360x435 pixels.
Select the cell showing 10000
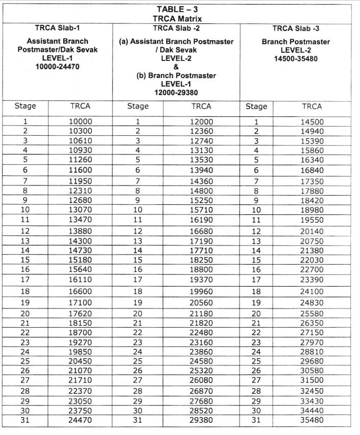click(x=80, y=122)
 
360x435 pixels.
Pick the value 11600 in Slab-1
click(x=80, y=170)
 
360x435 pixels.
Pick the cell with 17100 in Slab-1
click(x=80, y=302)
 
